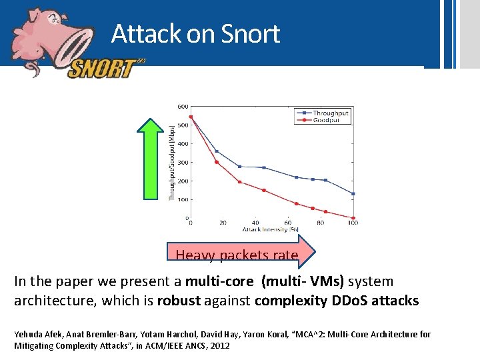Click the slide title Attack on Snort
pos(195,33)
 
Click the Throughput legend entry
pos(330,113)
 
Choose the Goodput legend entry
pos(327,121)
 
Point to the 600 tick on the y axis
pos(182,106)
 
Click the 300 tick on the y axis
pos(182,162)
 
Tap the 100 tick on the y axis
pos(182,199)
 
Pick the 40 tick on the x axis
pos(255,223)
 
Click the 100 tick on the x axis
pos(353,223)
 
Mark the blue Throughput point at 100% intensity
pos(353,194)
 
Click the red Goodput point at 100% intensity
pos(353,217)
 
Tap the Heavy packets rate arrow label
pos(237,255)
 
